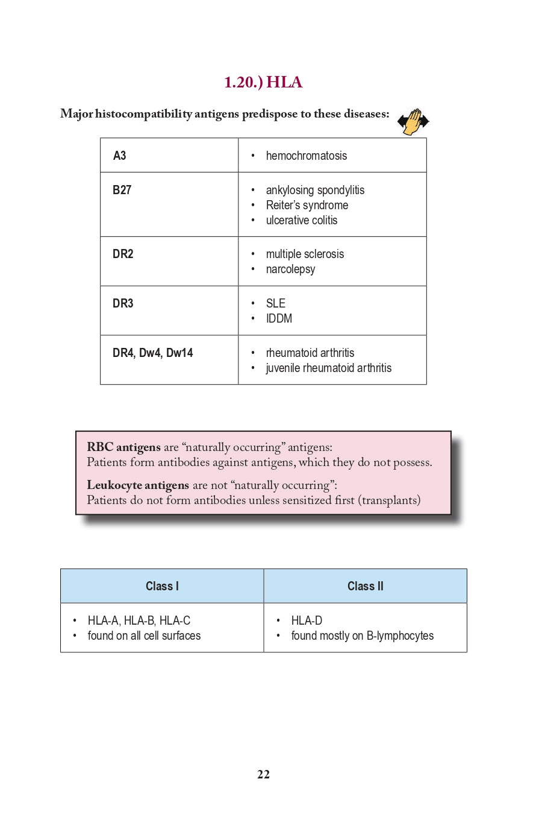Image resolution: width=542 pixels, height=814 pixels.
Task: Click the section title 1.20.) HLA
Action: pyautogui.click(x=263, y=83)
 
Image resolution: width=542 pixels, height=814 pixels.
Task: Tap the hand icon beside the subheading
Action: pyautogui.click(x=413, y=122)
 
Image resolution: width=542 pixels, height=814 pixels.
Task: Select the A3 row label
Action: pyautogui.click(x=120, y=156)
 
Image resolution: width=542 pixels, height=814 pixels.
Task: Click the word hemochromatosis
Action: pyautogui.click(x=306, y=156)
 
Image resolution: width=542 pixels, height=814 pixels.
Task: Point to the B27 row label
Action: pyautogui.click(x=122, y=190)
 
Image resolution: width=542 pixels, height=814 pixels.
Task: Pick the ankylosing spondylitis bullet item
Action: pyautogui.click(x=315, y=190)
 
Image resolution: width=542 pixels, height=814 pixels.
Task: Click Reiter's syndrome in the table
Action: pyautogui.click(x=307, y=205)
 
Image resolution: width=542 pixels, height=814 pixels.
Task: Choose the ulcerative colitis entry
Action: pyautogui.click(x=301, y=220)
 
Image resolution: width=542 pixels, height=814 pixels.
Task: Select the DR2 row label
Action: pyautogui.click(x=123, y=254)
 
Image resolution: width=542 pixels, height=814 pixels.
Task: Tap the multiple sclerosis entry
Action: pyautogui.click(x=305, y=254)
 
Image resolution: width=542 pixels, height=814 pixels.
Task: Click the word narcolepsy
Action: pyautogui.click(x=290, y=269)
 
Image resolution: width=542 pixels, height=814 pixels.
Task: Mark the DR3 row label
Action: pyautogui.click(x=123, y=303)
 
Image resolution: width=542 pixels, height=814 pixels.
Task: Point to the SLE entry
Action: pyautogui.click(x=275, y=303)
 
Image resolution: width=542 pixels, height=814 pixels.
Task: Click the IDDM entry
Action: pyautogui.click(x=279, y=318)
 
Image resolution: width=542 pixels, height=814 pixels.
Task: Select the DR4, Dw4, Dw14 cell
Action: pyautogui.click(x=152, y=353)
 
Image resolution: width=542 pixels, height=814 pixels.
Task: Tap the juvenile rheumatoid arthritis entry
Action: pyautogui.click(x=328, y=368)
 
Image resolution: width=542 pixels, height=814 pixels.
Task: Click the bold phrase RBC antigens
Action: pyautogui.click(x=123, y=447)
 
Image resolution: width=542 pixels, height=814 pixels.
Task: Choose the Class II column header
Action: pyautogui.click(x=365, y=586)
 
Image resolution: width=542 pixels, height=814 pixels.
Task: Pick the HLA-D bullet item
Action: pyautogui.click(x=307, y=620)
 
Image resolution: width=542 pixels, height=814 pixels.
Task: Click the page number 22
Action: pyautogui.click(x=263, y=775)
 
